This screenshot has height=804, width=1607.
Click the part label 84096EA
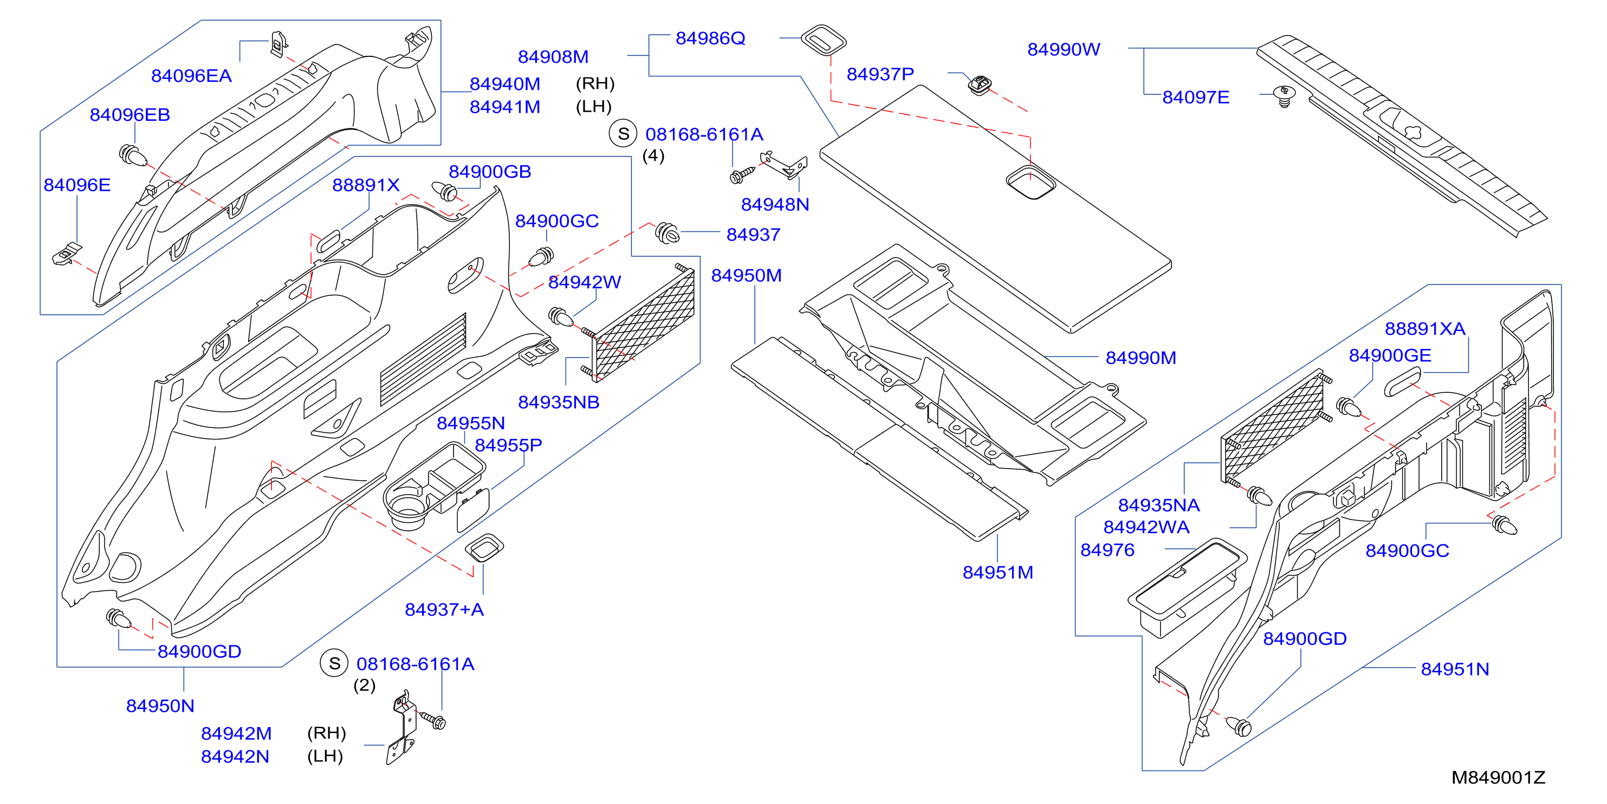tap(191, 75)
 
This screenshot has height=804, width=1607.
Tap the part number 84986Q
tap(710, 38)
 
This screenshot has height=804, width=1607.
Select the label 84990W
tap(1064, 49)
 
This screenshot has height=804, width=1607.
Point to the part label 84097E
tap(1196, 98)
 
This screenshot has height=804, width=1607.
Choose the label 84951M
tap(997, 572)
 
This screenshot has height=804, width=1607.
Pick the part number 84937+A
tap(444, 610)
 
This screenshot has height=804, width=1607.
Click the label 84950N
tap(160, 705)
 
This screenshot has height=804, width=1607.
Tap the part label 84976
tap(1107, 549)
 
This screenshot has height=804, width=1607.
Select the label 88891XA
tap(1425, 328)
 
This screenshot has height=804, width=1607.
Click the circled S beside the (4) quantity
tap(623, 133)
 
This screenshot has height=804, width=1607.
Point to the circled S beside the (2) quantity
tap(334, 663)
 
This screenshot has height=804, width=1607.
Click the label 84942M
tap(236, 733)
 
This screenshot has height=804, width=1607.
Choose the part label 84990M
tap(1141, 358)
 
